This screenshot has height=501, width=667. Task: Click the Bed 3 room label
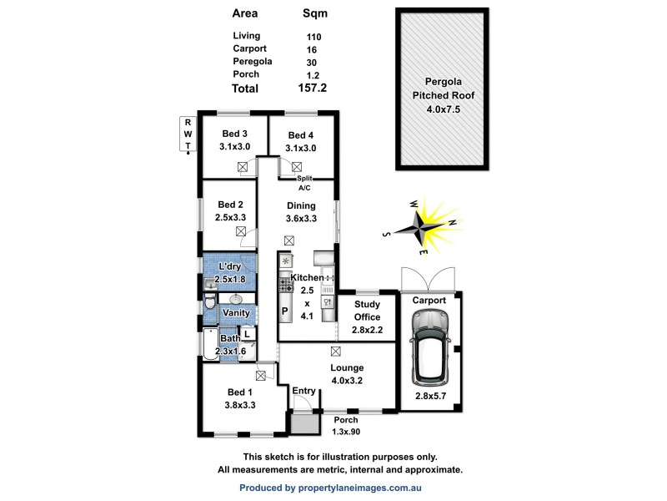pos(233,140)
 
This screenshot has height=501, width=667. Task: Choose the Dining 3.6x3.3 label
pos(301,210)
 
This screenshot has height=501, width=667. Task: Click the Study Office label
pos(367,316)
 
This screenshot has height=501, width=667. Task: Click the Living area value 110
pos(313,37)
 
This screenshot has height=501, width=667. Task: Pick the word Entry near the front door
pos(303,390)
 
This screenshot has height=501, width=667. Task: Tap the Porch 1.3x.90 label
pos(345,425)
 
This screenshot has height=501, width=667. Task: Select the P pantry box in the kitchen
pos(284,311)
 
